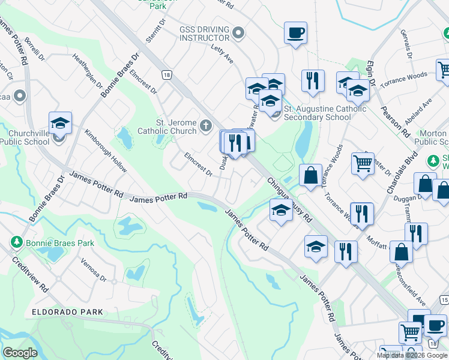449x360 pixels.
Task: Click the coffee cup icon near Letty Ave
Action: [295, 33]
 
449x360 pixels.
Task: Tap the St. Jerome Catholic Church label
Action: [167, 127]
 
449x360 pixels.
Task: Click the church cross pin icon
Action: [206, 126]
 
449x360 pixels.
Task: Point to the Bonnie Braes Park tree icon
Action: [16, 244]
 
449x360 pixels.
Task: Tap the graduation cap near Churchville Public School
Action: [61, 123]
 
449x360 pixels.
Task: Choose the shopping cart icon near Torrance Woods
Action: [363, 162]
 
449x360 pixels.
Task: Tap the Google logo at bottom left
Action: [20, 353]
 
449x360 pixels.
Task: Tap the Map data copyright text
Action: [412, 355]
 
